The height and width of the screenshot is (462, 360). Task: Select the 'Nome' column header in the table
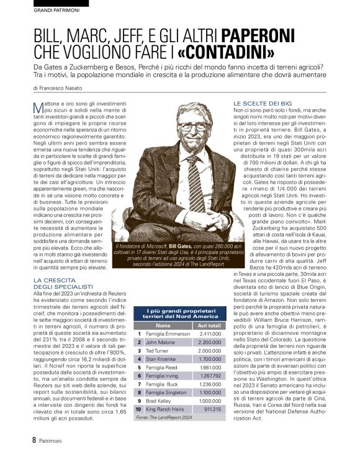163,325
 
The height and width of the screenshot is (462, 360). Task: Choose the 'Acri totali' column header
209,325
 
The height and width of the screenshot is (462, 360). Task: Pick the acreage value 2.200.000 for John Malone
209,342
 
